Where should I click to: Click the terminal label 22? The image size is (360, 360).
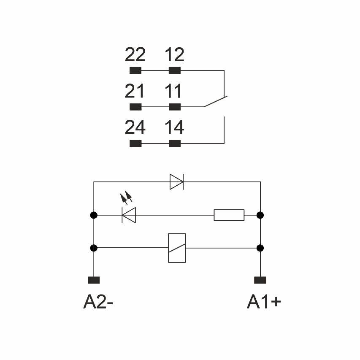(135, 55)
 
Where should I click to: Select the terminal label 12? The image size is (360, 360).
(174, 55)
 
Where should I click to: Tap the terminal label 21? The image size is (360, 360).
(135, 91)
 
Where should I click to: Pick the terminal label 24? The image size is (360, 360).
(135, 127)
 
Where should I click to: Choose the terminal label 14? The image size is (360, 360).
(174, 127)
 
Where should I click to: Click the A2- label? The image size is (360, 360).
(99, 302)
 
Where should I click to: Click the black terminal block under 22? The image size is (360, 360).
(135, 70)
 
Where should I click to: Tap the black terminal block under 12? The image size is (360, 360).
(175, 70)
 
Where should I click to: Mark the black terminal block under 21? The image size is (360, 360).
(135, 107)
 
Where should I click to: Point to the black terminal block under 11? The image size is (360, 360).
(175, 107)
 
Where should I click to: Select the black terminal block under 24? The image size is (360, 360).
(135, 143)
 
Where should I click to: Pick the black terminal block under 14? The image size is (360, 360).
(175, 143)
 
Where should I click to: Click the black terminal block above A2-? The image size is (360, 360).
(94, 280)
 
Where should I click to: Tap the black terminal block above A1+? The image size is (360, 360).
(260, 280)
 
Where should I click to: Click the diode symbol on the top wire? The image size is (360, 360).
(176, 182)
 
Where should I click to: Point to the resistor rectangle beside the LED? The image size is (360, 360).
(229, 215)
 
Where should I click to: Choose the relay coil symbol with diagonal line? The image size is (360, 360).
(177, 248)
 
